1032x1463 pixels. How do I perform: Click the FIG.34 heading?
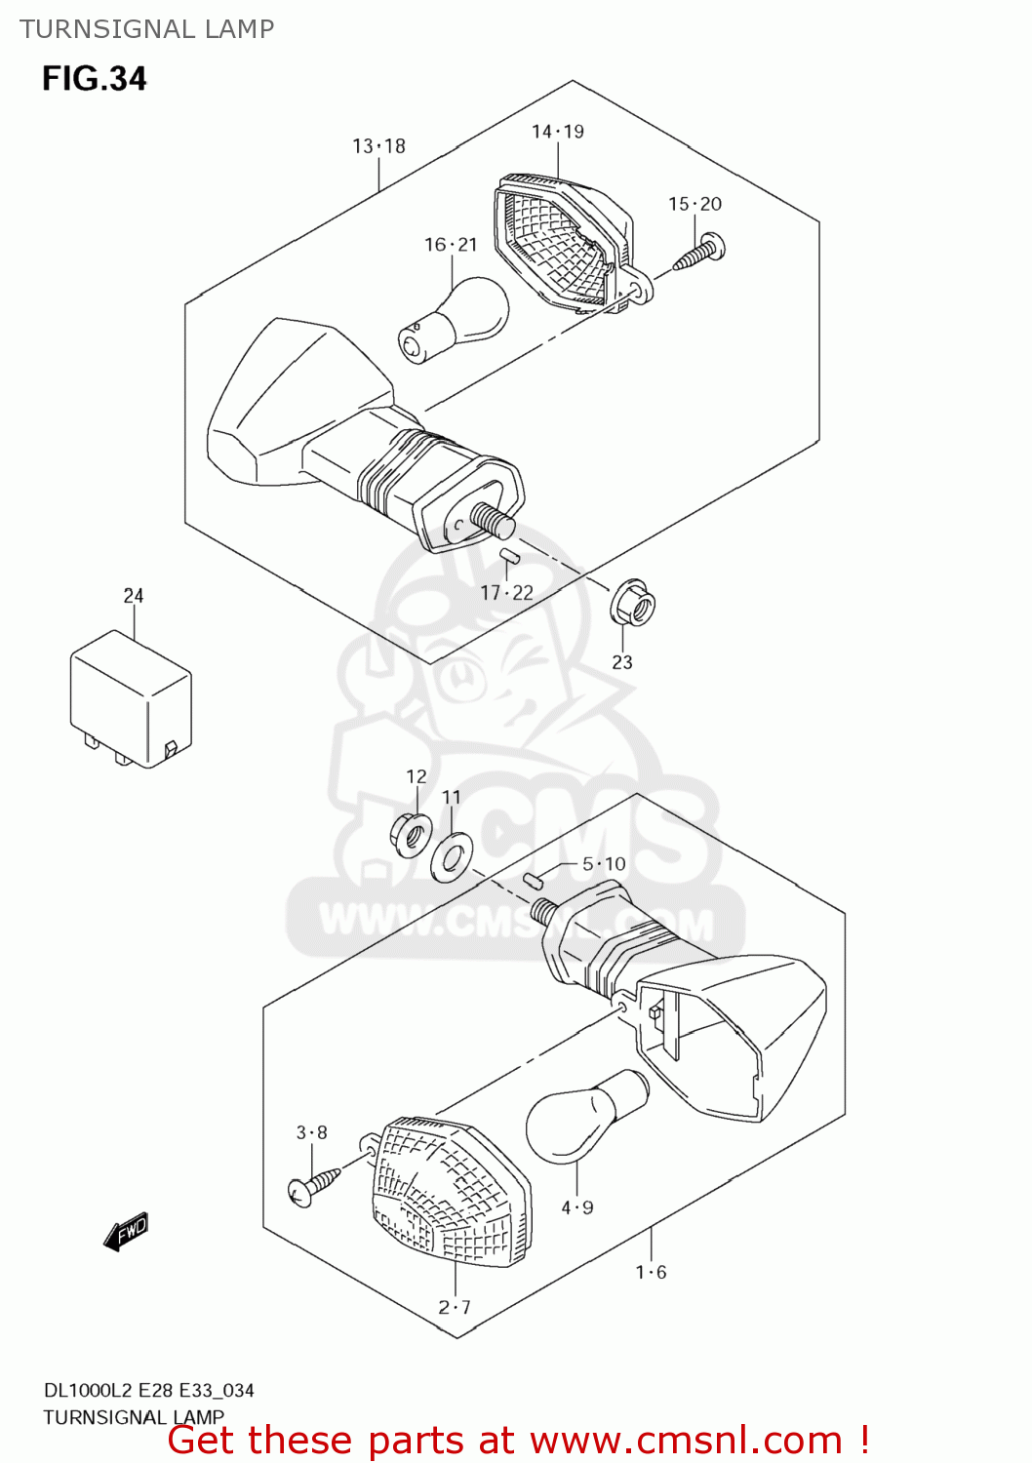point(95,79)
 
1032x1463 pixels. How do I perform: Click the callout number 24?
point(134,595)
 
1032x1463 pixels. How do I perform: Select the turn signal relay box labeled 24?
point(131,698)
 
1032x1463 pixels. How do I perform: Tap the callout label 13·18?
point(378,146)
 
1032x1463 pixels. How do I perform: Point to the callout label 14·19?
point(557,132)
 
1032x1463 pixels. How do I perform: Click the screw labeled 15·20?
point(700,252)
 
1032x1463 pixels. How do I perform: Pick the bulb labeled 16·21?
point(455,318)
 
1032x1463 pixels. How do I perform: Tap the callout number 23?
point(622,662)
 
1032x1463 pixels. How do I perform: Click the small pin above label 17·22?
point(508,557)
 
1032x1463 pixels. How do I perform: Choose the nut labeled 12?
point(411,835)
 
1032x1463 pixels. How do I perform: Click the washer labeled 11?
point(453,854)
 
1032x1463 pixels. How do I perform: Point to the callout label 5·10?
point(604,864)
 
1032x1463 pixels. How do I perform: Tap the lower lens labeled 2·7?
point(452,1194)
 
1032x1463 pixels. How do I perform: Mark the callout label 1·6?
point(651,1272)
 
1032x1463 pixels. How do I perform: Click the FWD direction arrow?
point(127,1232)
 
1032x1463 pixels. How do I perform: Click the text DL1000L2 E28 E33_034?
point(148,1390)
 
